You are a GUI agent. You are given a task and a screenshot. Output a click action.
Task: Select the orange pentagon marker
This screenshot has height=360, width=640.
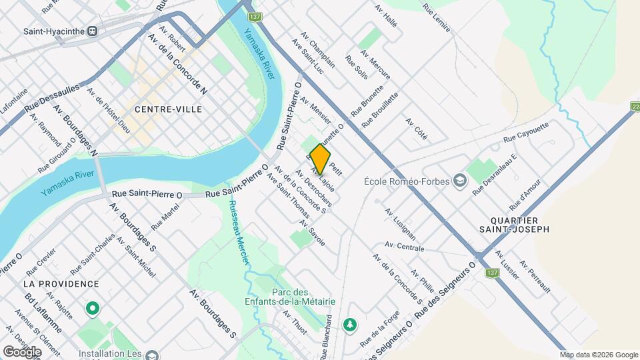point(321,159)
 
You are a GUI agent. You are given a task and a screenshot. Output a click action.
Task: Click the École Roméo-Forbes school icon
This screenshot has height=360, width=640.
point(460,181)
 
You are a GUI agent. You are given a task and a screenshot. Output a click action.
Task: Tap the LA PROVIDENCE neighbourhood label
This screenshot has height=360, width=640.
point(61,284)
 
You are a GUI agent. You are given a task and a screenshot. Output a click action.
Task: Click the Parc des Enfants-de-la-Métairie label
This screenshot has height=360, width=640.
point(303,297)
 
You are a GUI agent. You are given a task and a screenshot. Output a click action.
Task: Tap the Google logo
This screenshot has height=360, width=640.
point(22,351)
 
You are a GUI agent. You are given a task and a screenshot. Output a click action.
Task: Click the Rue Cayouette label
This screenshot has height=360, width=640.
point(525,131)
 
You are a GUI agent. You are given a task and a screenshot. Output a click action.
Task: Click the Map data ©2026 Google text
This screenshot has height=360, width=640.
point(599,355)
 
